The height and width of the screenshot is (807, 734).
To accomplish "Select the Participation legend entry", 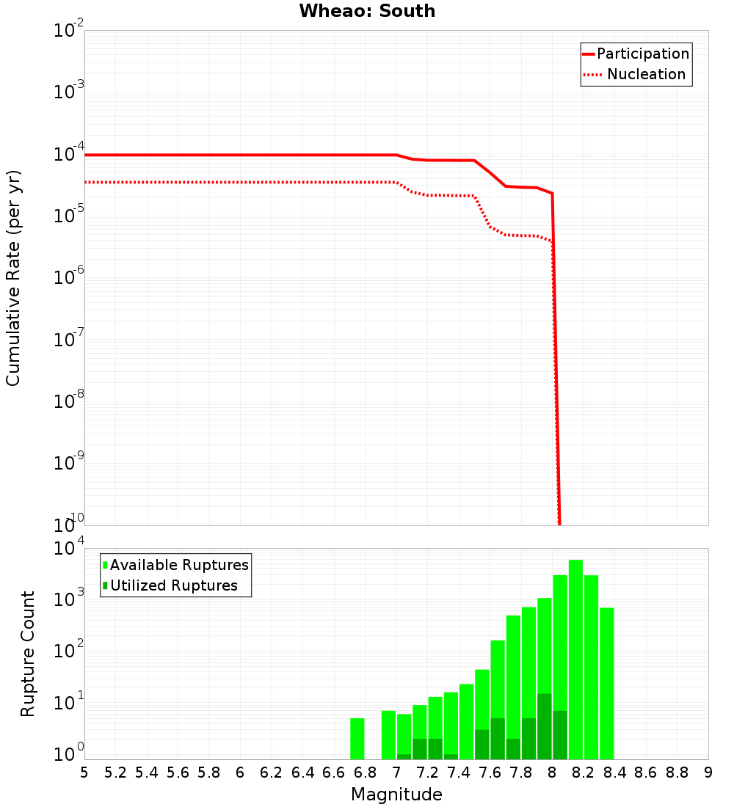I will pyautogui.click(x=636, y=54).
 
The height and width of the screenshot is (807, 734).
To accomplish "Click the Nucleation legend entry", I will pyautogui.click(x=636, y=74).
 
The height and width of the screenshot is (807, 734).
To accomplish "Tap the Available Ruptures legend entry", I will pyautogui.click(x=176, y=565).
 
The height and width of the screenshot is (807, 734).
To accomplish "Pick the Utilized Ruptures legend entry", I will pyautogui.click(x=170, y=585).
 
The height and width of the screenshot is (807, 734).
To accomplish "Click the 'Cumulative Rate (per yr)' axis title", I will pyautogui.click(x=13, y=278).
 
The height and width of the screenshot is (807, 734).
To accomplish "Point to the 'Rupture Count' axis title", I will pyautogui.click(x=28, y=654).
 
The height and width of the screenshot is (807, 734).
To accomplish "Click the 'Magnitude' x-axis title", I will pyautogui.click(x=396, y=795).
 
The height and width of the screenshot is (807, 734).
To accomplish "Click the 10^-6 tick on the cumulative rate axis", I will pyautogui.click(x=68, y=278).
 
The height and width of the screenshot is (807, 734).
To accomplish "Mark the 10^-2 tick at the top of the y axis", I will pyautogui.click(x=68, y=31).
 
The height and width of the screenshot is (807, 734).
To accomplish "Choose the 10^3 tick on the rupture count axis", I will pyautogui.click(x=68, y=597).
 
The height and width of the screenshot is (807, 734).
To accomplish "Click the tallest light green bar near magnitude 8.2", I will pyautogui.click(x=575, y=660).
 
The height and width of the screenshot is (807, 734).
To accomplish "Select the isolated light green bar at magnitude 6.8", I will pyautogui.click(x=357, y=739).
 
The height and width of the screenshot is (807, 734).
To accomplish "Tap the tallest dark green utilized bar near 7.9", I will pyautogui.click(x=545, y=726).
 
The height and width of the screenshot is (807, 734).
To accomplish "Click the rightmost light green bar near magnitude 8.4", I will pyautogui.click(x=606, y=683).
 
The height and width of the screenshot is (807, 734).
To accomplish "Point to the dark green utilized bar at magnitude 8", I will pyautogui.click(x=560, y=734).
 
